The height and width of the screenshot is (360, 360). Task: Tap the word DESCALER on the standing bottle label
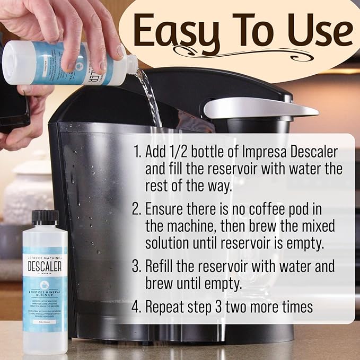[x=45, y=264]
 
